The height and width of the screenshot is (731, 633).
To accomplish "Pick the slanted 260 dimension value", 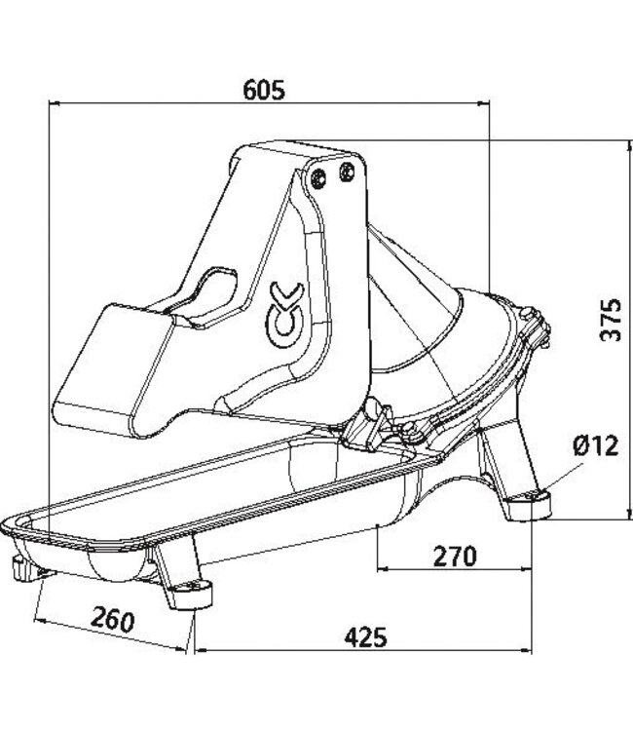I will tap(113, 619).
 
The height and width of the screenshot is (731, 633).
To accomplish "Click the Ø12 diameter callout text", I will tap(595, 445).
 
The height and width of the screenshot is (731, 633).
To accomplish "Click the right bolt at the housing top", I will tap(344, 172).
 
